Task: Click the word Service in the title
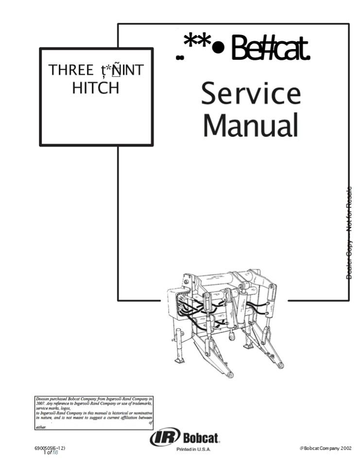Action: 251,95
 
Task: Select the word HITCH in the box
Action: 96,88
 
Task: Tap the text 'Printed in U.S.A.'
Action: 193,450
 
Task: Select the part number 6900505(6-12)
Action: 51,448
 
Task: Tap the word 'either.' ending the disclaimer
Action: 41,427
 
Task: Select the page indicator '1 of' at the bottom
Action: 48,453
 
